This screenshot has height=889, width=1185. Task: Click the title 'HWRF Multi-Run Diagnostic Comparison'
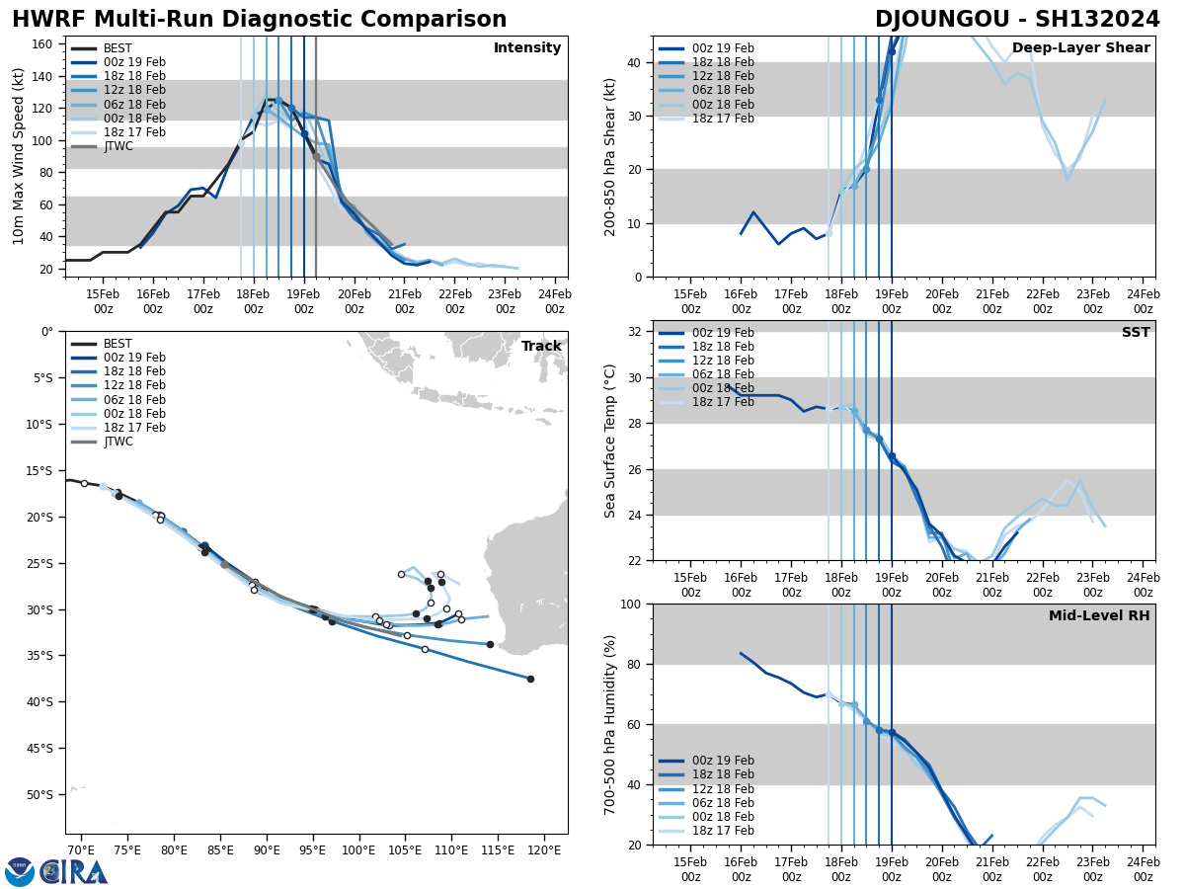click(259, 20)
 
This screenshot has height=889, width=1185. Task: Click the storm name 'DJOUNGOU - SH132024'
click(1017, 20)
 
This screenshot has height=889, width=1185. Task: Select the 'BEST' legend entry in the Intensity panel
click(118, 48)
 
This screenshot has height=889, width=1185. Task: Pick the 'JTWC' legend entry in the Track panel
click(118, 442)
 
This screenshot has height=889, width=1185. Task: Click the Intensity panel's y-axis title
click(19, 156)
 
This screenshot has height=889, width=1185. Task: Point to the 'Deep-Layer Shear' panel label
click(1080, 48)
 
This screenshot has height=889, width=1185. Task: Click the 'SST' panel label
click(1136, 333)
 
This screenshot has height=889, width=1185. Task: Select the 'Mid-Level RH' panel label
click(1099, 616)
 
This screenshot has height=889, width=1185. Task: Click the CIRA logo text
click(73, 872)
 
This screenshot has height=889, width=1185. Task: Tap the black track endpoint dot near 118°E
click(530, 679)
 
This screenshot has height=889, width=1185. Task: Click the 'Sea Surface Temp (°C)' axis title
click(610, 441)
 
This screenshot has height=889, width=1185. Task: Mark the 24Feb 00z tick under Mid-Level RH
click(1144, 870)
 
